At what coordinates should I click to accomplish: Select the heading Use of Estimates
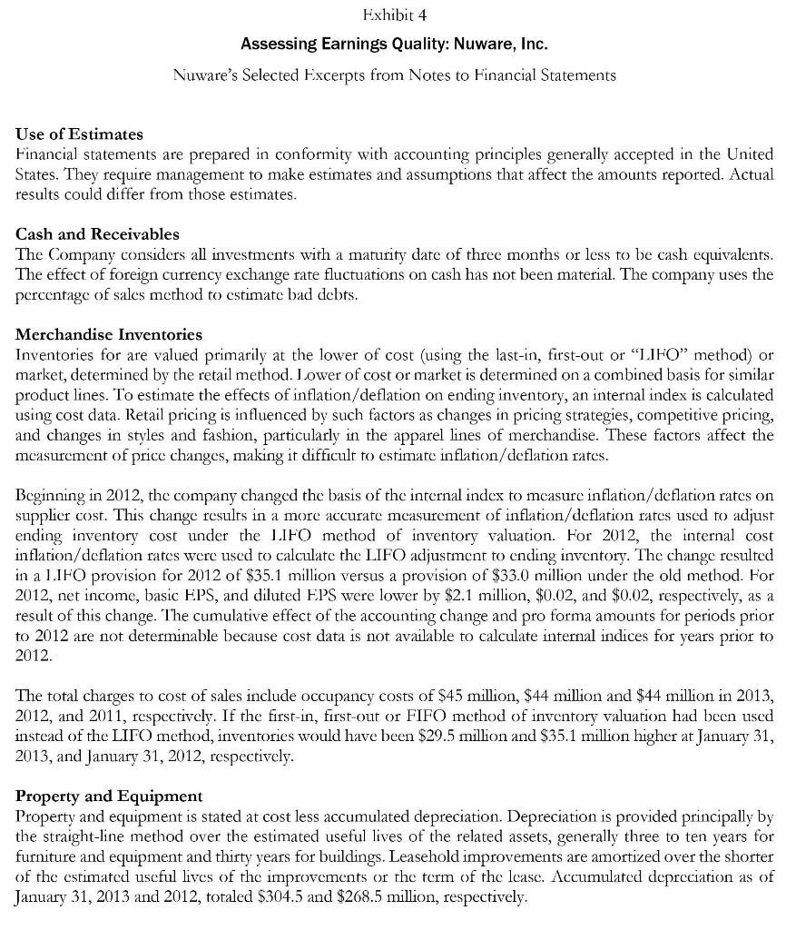pos(79,134)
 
